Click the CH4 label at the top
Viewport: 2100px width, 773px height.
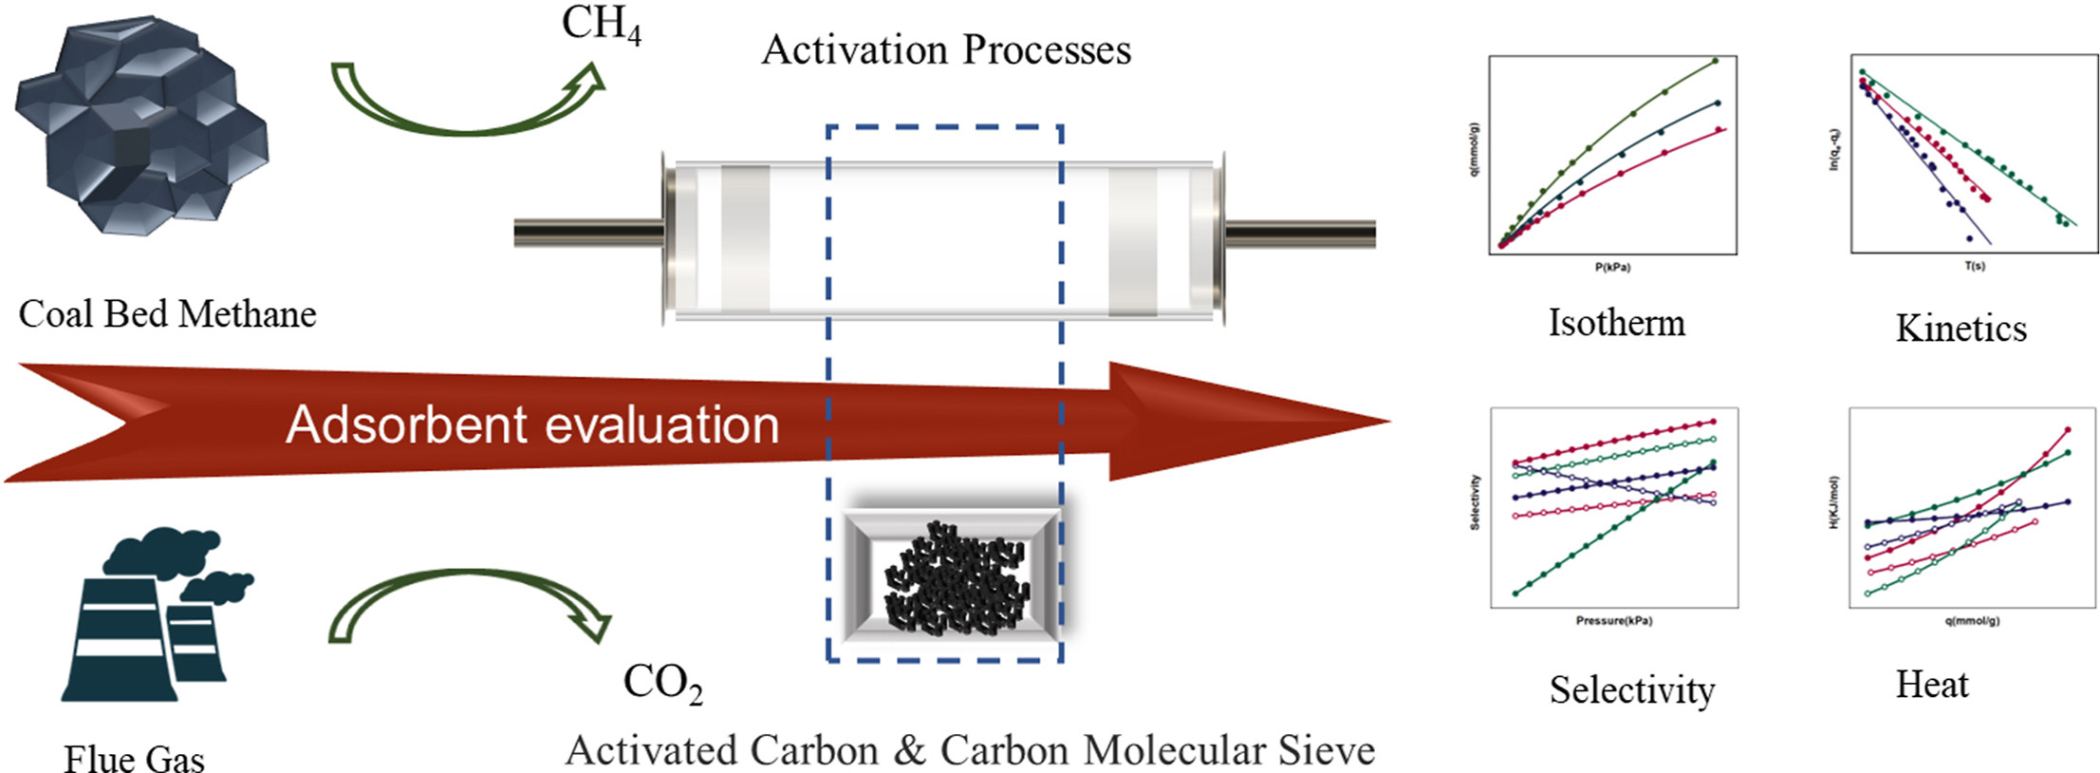pyautogui.click(x=601, y=25)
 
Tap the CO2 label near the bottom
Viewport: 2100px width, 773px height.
pyautogui.click(x=662, y=684)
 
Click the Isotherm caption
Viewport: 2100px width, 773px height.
pyautogui.click(x=1616, y=323)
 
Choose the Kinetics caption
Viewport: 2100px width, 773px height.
pyautogui.click(x=1961, y=329)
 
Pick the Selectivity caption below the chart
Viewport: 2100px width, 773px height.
pyautogui.click(x=1632, y=690)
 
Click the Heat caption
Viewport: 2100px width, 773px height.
pyautogui.click(x=1932, y=685)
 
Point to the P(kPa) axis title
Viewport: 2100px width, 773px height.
pyautogui.click(x=1612, y=268)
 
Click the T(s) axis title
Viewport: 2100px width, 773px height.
pyautogui.click(x=1974, y=266)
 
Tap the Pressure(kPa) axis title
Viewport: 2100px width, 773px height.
pyautogui.click(x=1613, y=621)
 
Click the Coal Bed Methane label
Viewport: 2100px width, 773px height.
pyautogui.click(x=167, y=314)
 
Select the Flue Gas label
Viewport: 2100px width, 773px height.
pyautogui.click(x=134, y=759)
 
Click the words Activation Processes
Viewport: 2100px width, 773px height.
pyautogui.click(x=946, y=50)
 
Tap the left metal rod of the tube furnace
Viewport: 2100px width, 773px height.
pyautogui.click(x=588, y=233)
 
